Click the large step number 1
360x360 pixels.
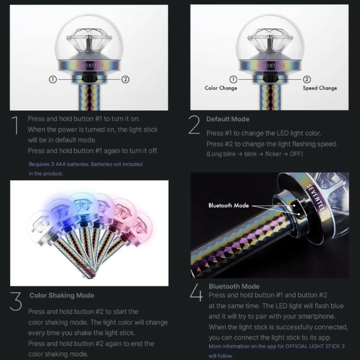[16, 125]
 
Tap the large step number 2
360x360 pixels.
[194, 125]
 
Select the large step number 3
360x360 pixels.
[16, 301]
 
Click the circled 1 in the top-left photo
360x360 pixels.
[53, 80]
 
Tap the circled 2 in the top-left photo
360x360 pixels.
[125, 80]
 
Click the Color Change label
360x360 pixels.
[221, 88]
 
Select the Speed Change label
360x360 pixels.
[320, 88]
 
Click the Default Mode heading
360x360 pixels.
[228, 119]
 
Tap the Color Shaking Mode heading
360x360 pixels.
[62, 295]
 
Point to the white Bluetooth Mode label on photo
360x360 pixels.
[229, 206]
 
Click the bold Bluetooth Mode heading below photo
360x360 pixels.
[234, 286]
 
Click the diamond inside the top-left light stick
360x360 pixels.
[89, 40]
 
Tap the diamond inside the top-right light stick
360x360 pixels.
[270, 40]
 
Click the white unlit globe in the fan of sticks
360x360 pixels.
[41, 224]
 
